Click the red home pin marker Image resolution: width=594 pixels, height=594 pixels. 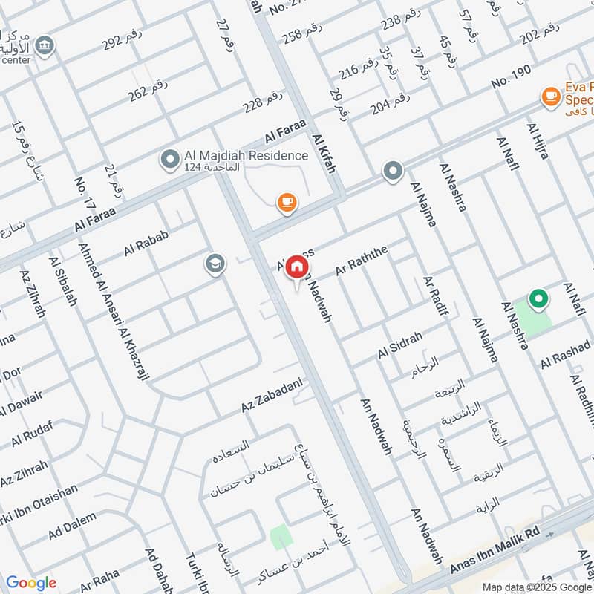tap(296, 266)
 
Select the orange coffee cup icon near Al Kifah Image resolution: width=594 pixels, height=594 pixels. tap(287, 201)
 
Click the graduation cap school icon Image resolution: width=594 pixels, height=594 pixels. tap(215, 264)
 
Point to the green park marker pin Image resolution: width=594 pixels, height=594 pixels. tap(538, 299)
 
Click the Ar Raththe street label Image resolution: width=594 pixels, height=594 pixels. tap(362, 261)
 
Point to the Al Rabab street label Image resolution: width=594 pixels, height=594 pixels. tap(147, 244)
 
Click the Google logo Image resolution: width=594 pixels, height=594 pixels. tap(31, 583)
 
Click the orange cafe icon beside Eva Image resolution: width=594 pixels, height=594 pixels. tap(550, 96)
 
